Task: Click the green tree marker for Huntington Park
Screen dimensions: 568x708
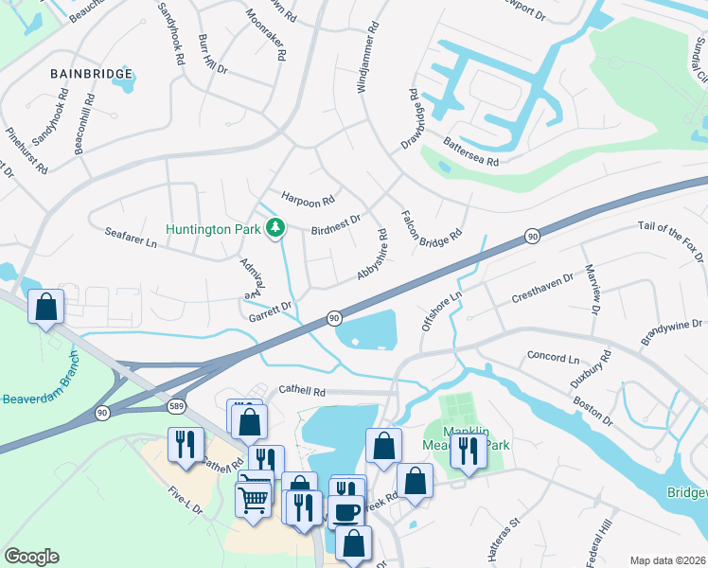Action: pyautogui.click(x=275, y=228)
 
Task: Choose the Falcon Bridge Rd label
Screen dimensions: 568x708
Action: pyautogui.click(x=432, y=225)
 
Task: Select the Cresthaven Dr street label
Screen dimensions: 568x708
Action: pyautogui.click(x=542, y=288)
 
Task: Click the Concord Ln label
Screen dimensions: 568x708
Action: pyautogui.click(x=552, y=359)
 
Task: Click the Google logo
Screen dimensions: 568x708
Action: pyautogui.click(x=31, y=557)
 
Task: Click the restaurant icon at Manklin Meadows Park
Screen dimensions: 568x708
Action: pyautogui.click(x=467, y=451)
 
